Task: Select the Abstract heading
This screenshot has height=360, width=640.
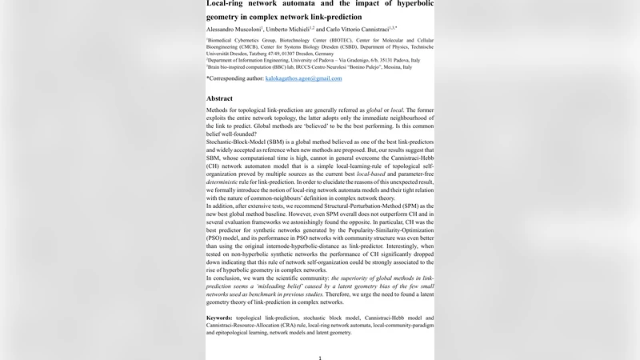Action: coord(219,98)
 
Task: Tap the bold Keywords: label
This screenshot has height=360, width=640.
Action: coord(224,318)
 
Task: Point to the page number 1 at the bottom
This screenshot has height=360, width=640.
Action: coord(319,358)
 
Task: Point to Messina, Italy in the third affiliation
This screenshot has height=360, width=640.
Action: coord(394,67)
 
